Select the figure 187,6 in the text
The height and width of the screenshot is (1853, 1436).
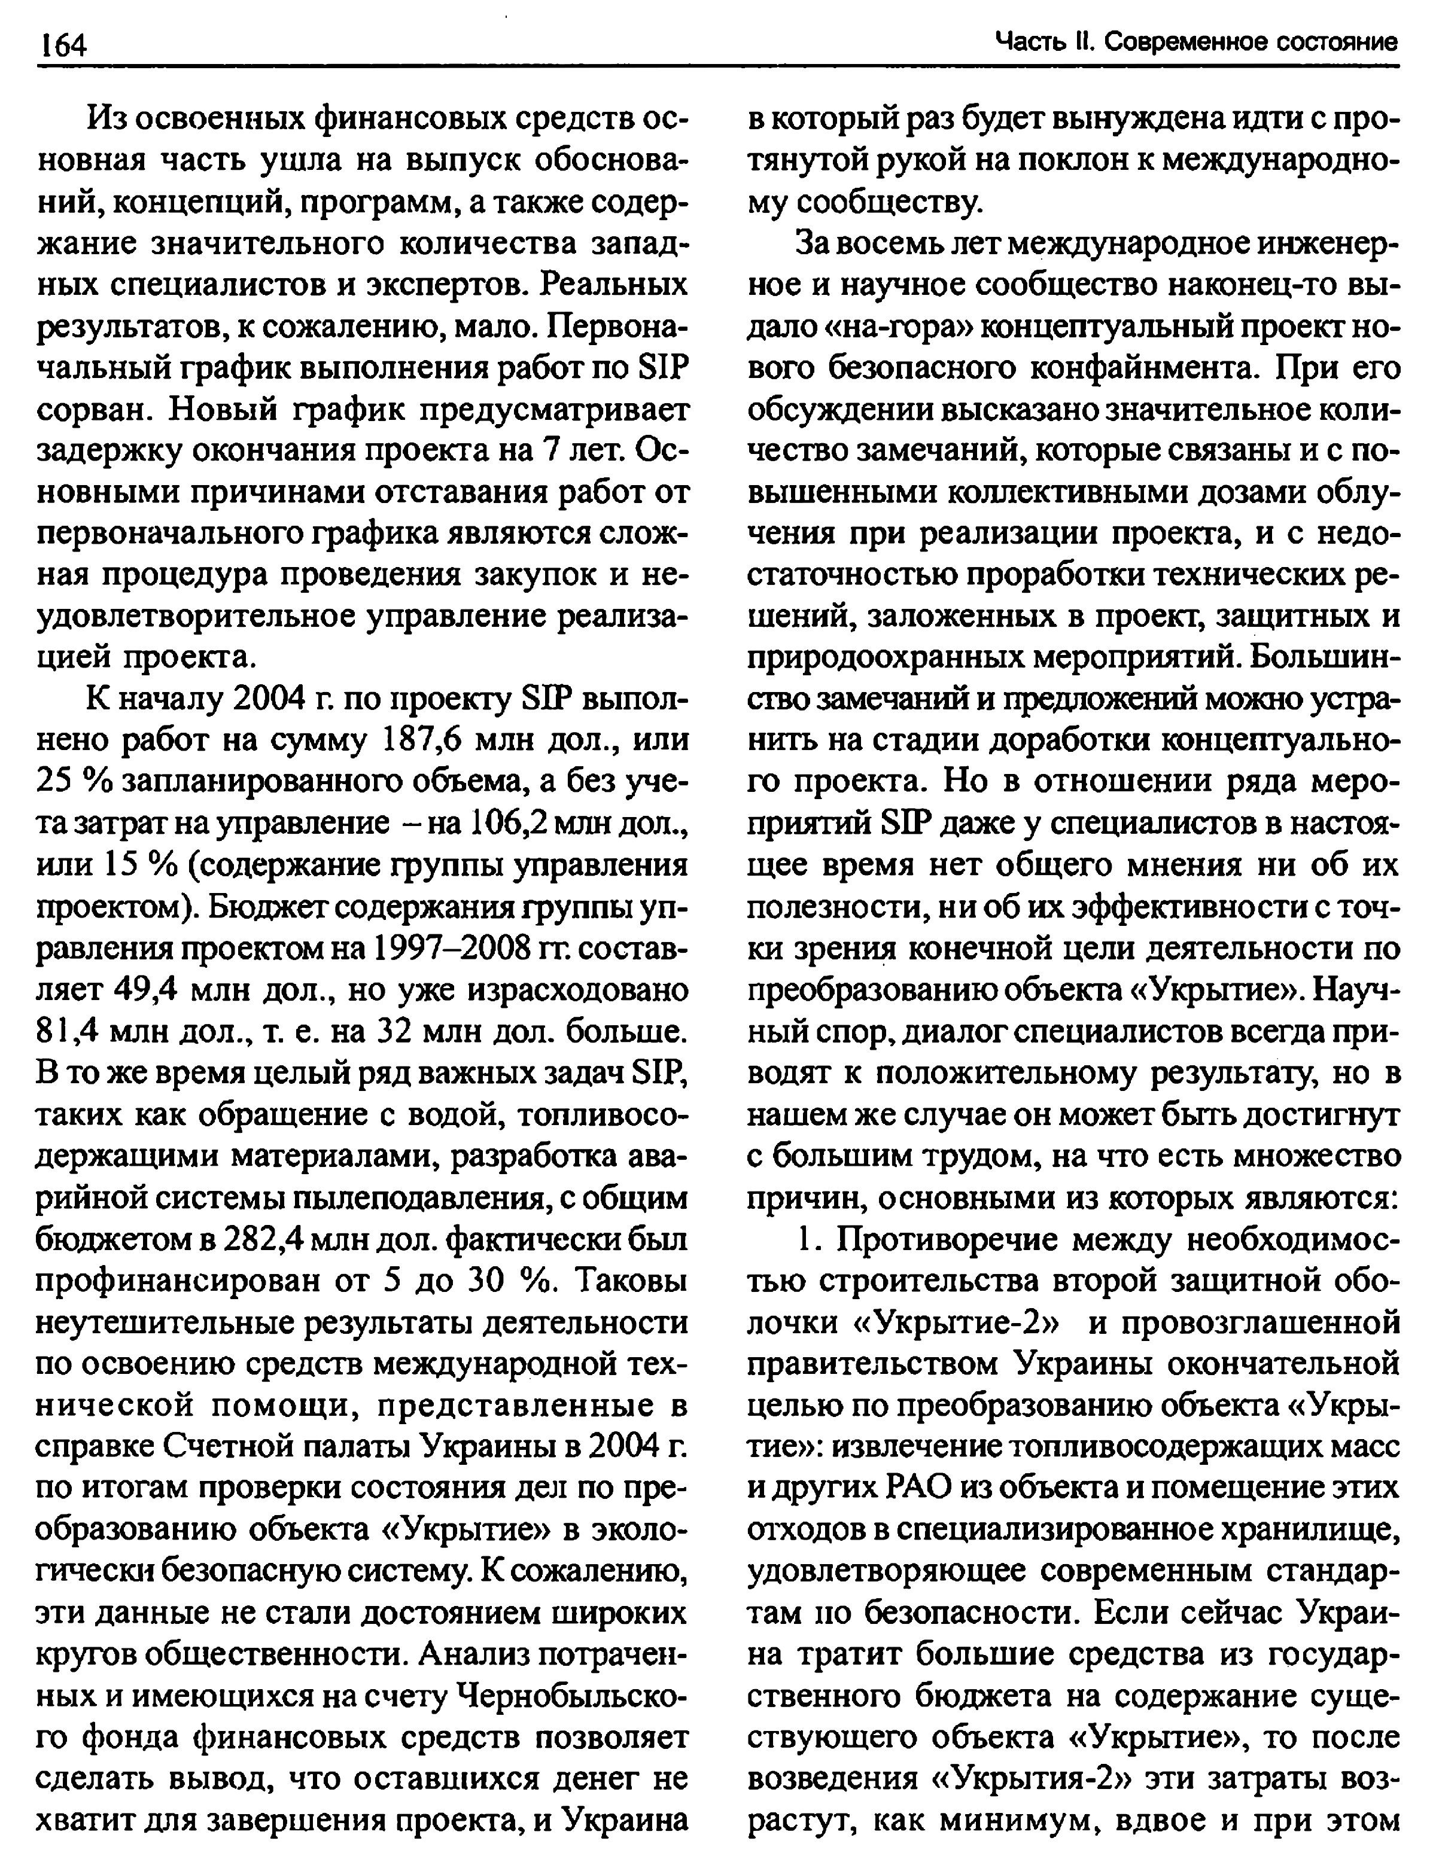pos(422,740)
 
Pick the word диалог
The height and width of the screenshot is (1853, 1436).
pos(957,1032)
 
